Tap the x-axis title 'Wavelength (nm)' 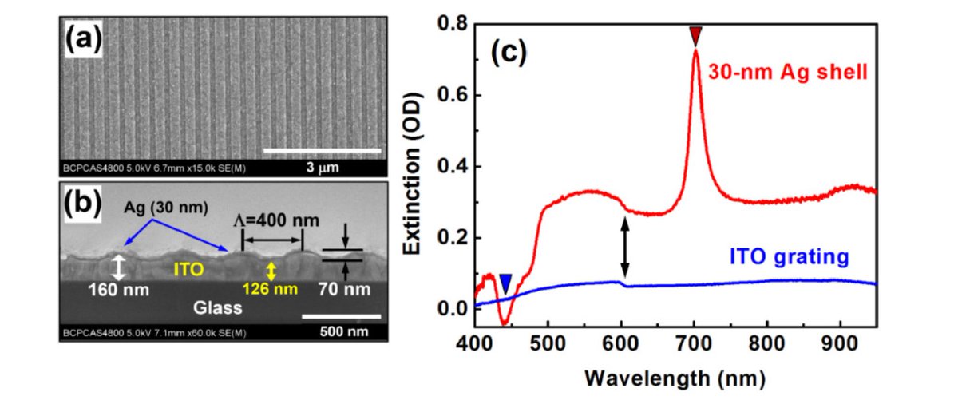coord(676,375)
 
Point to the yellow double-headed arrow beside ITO coord(271,271)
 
